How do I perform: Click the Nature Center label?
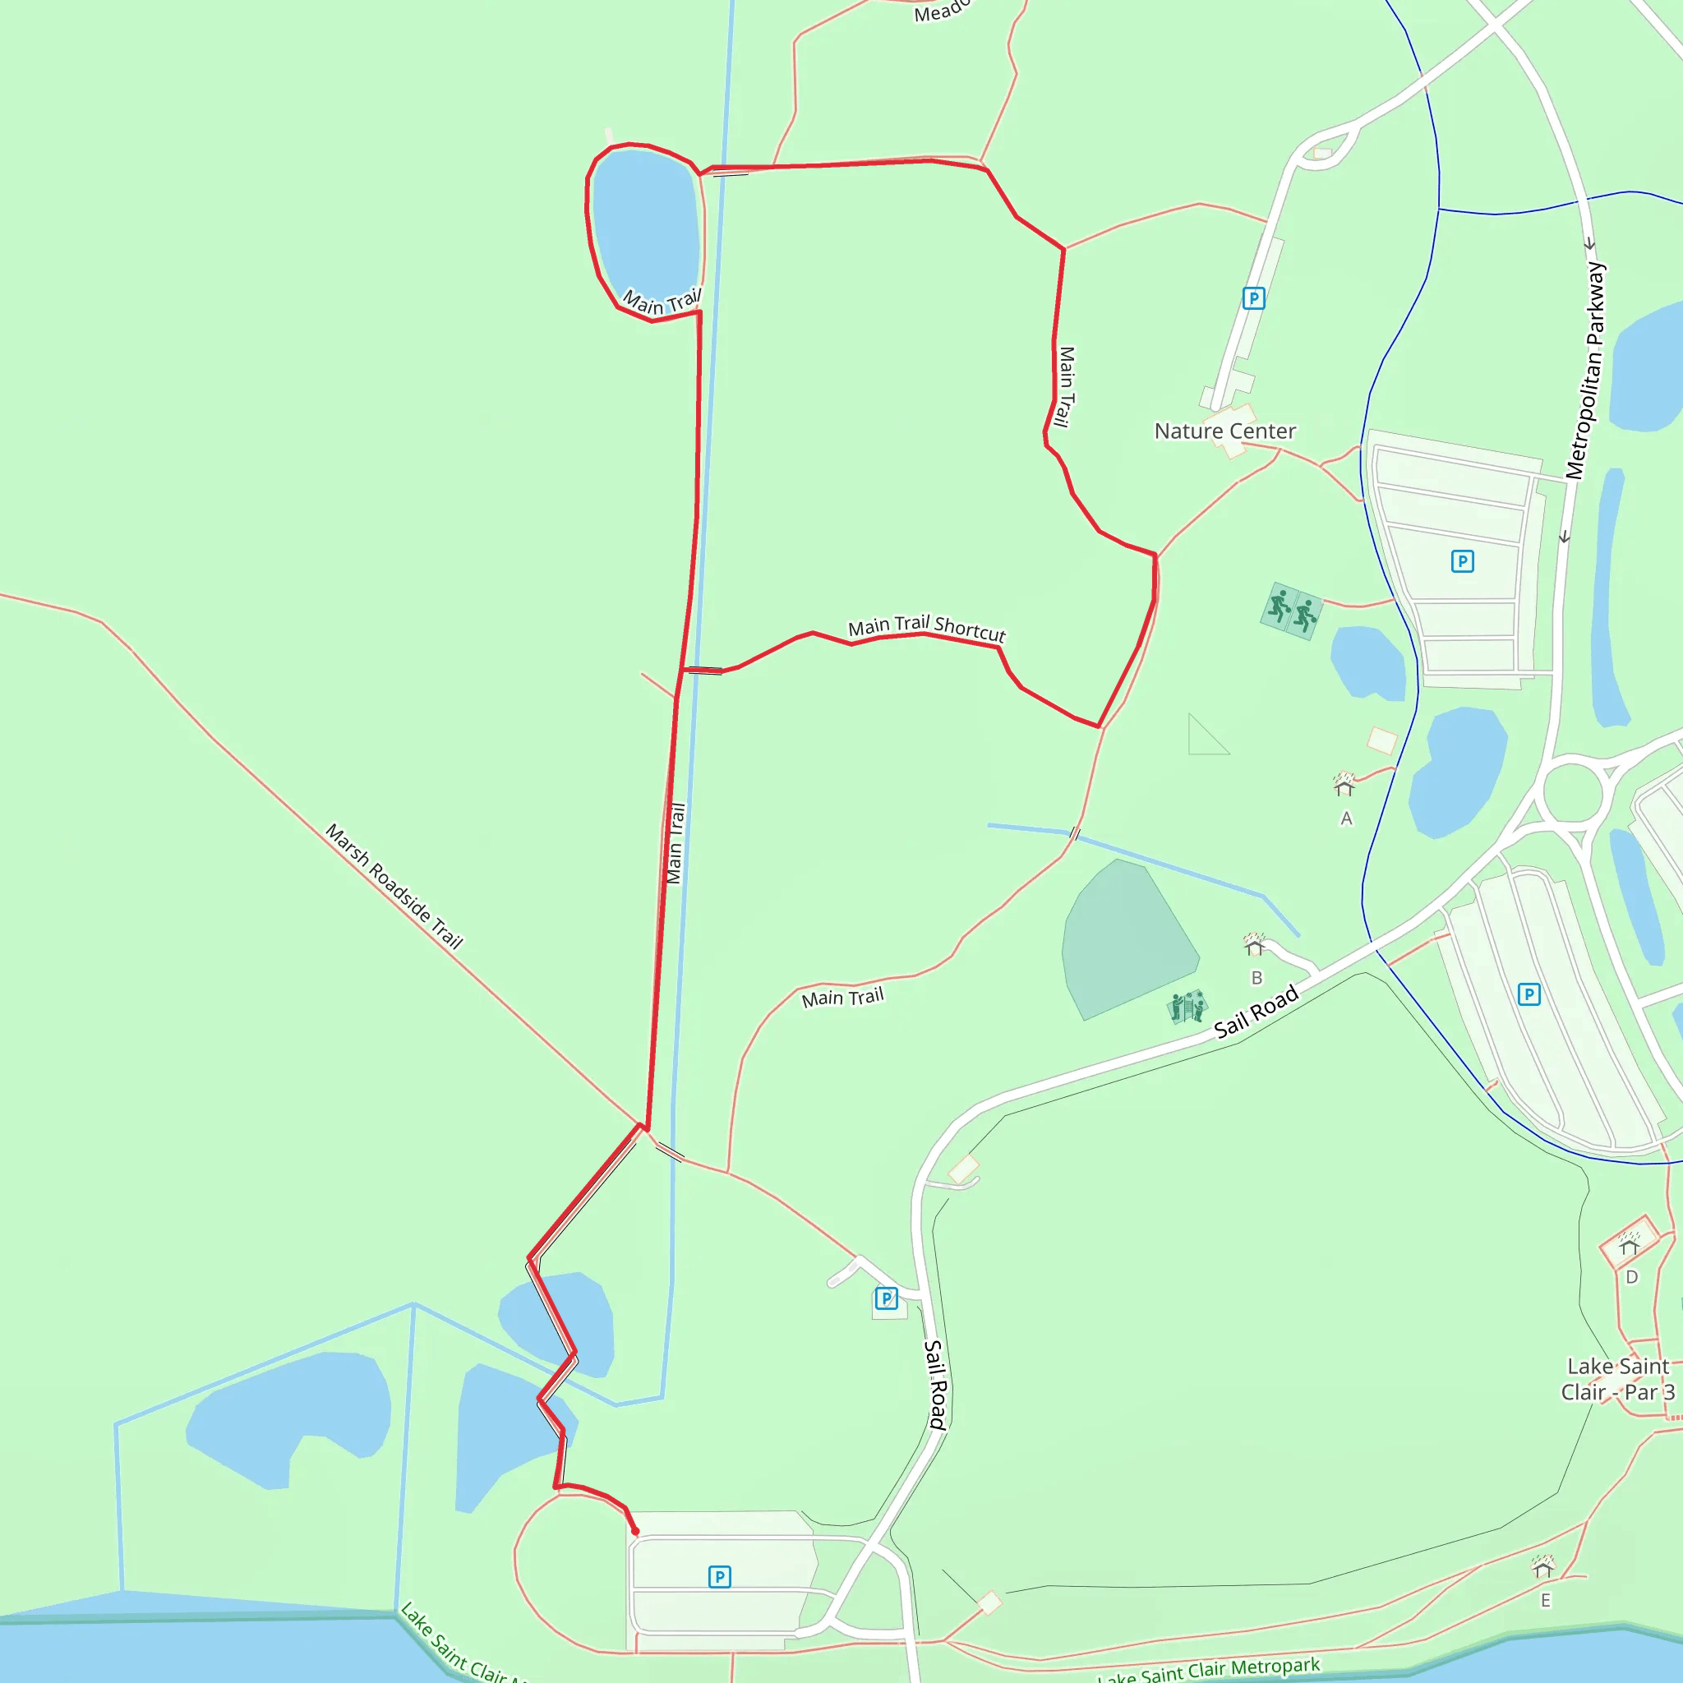point(1224,431)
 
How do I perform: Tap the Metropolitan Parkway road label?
point(1586,371)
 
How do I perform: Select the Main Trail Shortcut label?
point(927,626)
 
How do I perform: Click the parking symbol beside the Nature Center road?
point(1253,299)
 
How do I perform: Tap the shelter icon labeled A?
point(1344,786)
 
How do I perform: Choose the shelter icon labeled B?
point(1254,944)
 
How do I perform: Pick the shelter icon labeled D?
point(1629,1247)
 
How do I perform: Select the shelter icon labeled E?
point(1542,1568)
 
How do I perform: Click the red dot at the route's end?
point(636,1532)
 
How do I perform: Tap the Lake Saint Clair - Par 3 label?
point(1617,1379)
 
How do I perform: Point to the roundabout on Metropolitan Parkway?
point(1572,793)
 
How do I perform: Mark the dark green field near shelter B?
point(1128,941)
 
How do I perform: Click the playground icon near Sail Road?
point(1187,1007)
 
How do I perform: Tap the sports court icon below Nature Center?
point(1291,611)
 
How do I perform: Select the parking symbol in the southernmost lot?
point(720,1577)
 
